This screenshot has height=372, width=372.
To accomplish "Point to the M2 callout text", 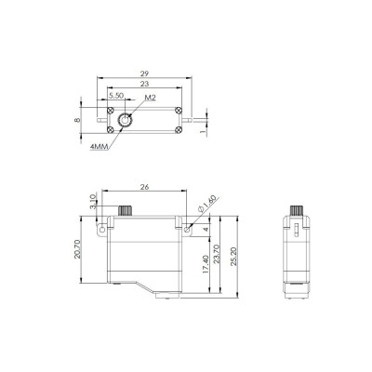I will (150, 96).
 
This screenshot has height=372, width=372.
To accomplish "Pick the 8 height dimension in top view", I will (79, 120).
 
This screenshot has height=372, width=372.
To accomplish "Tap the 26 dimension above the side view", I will (144, 185).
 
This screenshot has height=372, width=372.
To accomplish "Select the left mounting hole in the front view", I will (100, 226).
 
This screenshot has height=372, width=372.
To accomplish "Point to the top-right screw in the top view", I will (177, 108).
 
